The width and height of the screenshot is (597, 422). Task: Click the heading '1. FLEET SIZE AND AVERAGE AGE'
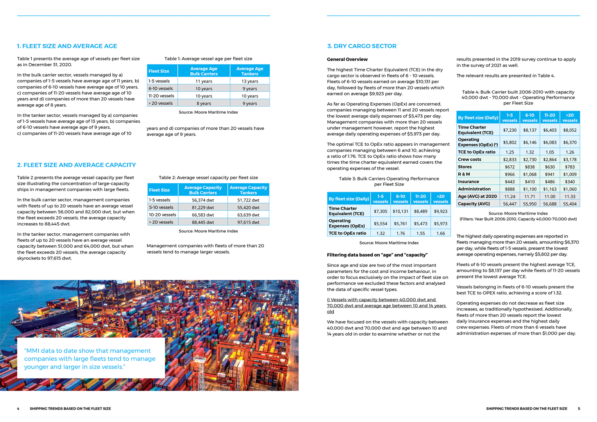pyautogui.click(x=67, y=46)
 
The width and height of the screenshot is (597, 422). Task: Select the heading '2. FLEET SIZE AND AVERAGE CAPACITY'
pyautogui.click(x=76, y=165)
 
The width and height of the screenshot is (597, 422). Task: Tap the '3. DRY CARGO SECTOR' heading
pyautogui.click(x=361, y=46)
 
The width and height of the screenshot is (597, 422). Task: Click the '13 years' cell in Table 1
pyautogui.click(x=250, y=81)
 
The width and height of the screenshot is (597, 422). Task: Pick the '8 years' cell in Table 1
pyautogui.click(x=204, y=104)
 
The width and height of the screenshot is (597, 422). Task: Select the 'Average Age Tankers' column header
pyautogui.click(x=250, y=71)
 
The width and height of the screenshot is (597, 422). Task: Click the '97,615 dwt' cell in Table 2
pyautogui.click(x=248, y=222)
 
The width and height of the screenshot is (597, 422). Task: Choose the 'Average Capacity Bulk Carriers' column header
pyautogui.click(x=203, y=190)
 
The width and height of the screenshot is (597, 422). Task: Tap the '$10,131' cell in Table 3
pyautogui.click(x=400, y=211)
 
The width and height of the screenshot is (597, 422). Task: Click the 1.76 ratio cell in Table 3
pyautogui.click(x=400, y=233)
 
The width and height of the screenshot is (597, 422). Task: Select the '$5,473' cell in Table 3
pyautogui.click(x=420, y=224)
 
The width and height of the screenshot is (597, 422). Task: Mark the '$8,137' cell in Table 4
pyautogui.click(x=530, y=130)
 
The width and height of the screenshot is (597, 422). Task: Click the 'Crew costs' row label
pyautogui.click(x=470, y=159)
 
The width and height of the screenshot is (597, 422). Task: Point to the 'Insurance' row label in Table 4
pyautogui.click(x=468, y=182)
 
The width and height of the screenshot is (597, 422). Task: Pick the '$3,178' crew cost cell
pyautogui.click(x=570, y=159)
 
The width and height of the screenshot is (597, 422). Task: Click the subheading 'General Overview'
pyautogui.click(x=347, y=59)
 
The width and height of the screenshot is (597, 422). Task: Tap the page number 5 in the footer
pyautogui.click(x=579, y=409)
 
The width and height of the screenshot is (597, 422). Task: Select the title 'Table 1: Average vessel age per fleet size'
pyautogui.click(x=208, y=59)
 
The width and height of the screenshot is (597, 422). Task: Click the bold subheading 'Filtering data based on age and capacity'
pyautogui.click(x=377, y=255)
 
